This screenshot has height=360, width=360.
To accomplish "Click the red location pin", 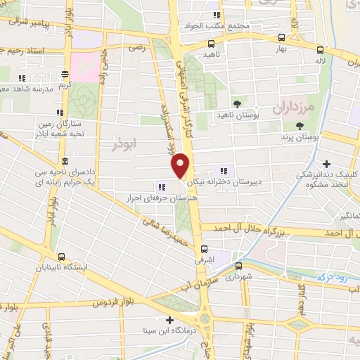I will pyautogui.click(x=181, y=165).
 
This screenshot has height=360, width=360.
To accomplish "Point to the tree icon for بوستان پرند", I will pyautogui.click(x=300, y=125).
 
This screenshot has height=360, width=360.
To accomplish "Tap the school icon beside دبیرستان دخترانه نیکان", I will pyautogui.click(x=224, y=170).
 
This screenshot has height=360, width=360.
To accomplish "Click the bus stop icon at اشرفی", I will pyautogui.click(x=205, y=248).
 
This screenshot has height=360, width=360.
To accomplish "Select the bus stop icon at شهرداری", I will pyautogui.click(x=238, y=266).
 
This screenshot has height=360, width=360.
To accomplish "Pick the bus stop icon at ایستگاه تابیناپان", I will pyautogui.click(x=63, y=257).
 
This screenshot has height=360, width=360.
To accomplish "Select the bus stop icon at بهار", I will pyautogui.click(x=281, y=38).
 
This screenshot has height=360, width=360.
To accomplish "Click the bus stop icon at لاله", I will pyautogui.click(x=321, y=50).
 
